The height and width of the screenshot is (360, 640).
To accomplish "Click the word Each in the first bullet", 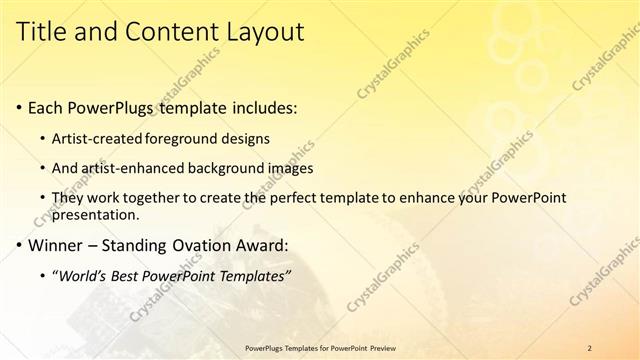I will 47,107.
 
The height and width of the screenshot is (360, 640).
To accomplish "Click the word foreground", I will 184,137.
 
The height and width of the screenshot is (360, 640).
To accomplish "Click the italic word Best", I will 132,275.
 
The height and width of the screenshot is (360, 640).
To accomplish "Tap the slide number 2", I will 589,348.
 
